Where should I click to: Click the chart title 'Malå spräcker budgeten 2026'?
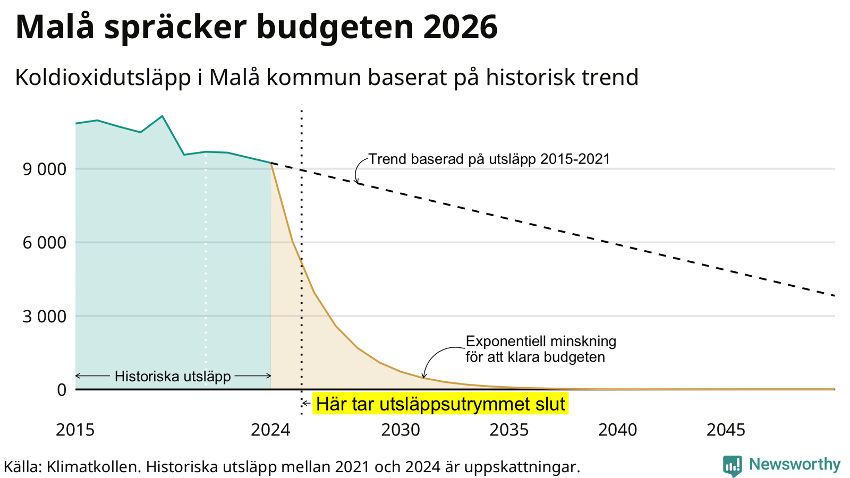click(256, 27)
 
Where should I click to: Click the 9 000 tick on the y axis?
click(45, 169)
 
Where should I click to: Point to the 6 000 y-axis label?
click(45, 243)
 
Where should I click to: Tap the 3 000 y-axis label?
click(45, 317)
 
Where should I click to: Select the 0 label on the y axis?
click(62, 390)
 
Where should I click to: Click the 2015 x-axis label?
click(75, 430)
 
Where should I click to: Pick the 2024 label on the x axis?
click(270, 430)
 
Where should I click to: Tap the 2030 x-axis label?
click(401, 430)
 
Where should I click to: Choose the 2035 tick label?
click(509, 430)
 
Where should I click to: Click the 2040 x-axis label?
click(618, 430)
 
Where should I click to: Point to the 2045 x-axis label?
click(726, 430)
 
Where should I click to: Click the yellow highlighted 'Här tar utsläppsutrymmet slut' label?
click(440, 404)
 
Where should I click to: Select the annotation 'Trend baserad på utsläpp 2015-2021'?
click(489, 159)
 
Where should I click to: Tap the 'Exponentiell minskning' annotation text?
click(541, 342)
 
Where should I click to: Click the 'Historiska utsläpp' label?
click(173, 377)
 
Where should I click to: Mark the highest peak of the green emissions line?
click(163, 116)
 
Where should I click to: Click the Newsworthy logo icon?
click(733, 465)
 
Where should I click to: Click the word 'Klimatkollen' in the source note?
click(92, 467)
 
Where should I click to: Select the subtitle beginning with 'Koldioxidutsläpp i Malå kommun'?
click(327, 78)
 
